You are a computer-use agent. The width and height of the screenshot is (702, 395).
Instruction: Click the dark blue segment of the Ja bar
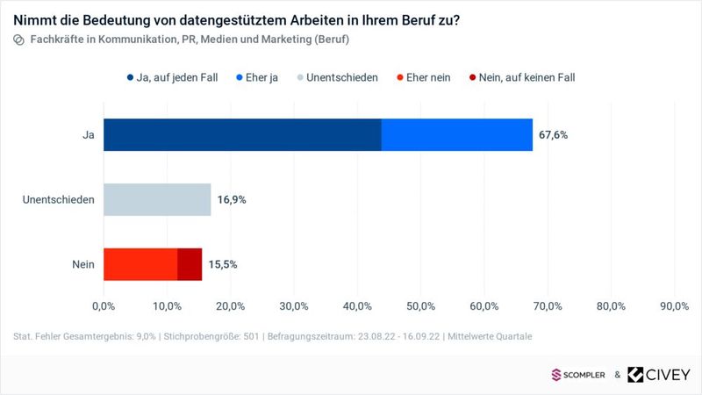coord(242,134)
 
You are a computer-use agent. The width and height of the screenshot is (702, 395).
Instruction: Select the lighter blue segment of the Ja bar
coord(457,134)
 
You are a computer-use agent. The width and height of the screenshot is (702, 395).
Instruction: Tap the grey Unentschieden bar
coord(157,199)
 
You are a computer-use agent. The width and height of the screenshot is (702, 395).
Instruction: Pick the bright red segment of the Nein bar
coord(140,264)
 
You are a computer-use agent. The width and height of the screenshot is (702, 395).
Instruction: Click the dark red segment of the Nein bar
coord(190,264)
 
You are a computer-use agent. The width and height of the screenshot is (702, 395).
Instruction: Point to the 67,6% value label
coord(554,135)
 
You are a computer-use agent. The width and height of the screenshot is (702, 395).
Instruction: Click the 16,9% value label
coord(232,200)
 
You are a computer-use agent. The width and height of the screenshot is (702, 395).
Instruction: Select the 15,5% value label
coord(223,264)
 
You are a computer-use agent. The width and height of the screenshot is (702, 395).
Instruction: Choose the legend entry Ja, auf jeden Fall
coord(175,77)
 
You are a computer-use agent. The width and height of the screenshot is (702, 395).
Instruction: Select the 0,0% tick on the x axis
coord(104,305)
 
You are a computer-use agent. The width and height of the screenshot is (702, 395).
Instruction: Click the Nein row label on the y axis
coord(82,264)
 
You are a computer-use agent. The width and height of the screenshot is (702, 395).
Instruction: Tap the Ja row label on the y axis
coord(88,135)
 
